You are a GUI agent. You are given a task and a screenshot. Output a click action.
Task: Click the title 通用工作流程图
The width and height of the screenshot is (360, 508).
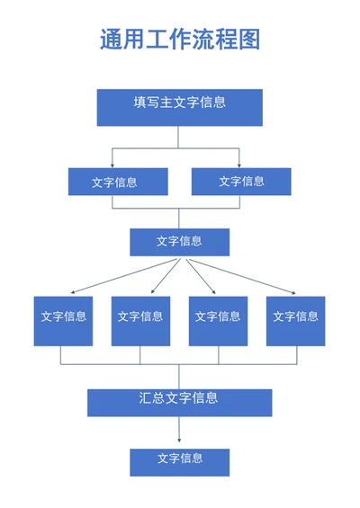tap(180, 40)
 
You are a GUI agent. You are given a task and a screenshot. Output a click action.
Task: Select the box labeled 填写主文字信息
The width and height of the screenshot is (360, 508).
tap(180, 108)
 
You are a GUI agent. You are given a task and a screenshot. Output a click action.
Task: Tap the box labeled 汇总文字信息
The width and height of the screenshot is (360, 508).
tap(180, 403)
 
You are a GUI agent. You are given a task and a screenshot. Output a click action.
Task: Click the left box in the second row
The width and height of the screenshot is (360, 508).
tap(118, 182)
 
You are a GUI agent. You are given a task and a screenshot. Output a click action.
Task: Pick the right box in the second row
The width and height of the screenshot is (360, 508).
tap(241, 182)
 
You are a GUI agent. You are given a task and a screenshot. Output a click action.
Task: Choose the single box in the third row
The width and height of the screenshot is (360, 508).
tap(180, 243)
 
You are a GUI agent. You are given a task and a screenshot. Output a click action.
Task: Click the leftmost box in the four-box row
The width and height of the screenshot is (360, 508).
tap(63, 321)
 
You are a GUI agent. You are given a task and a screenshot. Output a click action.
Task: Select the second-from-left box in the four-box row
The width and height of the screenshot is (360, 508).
tap(140, 321)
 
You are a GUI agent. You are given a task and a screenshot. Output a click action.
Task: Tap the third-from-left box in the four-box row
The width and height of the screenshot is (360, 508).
tap(219, 321)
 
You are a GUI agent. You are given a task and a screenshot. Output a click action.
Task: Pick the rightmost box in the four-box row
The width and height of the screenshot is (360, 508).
tap(296, 321)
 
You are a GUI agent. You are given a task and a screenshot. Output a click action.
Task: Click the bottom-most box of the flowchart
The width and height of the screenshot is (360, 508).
tap(180, 462)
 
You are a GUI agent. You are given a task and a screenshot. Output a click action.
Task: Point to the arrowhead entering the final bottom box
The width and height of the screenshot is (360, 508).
tap(179, 440)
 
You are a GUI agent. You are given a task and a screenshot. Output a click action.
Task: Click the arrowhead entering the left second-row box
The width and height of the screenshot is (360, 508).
tap(112, 165)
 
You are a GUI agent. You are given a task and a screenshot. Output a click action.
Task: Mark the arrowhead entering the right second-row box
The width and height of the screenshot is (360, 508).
tap(239, 165)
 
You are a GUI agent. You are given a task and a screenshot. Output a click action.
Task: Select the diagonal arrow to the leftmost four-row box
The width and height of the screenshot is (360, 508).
tap(123, 276)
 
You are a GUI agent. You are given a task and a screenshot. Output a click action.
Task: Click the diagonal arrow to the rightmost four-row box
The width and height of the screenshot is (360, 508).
tap(243, 276)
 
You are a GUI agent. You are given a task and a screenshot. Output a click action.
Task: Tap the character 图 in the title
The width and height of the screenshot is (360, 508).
tap(249, 40)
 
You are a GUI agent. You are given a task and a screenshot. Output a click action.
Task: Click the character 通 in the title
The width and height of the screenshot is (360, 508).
tap(111, 40)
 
